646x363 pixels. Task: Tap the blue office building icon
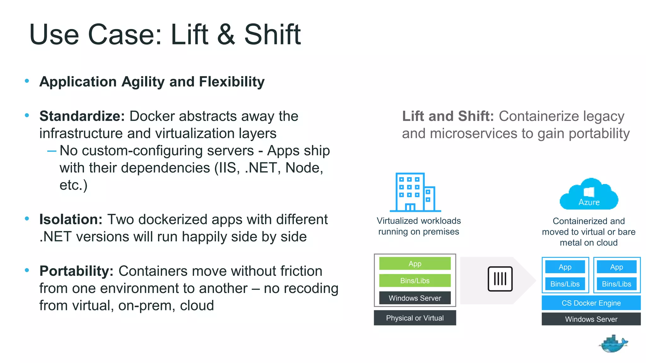(415, 192)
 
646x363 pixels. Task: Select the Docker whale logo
(613, 344)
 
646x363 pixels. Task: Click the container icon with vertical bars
(500, 279)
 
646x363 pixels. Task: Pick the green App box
(415, 264)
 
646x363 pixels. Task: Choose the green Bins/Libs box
(415, 281)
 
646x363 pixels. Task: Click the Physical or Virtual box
(415, 318)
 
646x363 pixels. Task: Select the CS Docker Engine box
(591, 303)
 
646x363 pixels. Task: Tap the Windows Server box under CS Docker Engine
(591, 319)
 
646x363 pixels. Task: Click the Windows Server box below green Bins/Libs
(415, 298)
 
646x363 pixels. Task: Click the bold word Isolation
(71, 219)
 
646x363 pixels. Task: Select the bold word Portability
(76, 271)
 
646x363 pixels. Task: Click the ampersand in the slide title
(226, 35)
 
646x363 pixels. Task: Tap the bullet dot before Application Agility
(27, 81)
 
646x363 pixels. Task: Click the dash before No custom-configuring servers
(52, 151)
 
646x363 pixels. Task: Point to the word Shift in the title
(273, 35)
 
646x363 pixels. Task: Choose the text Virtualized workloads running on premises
(419, 226)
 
